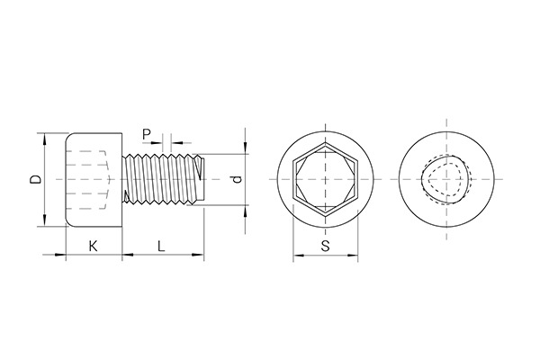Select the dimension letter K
point(93,246)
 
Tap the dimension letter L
point(160,246)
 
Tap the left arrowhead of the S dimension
point(297,257)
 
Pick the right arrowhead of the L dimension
point(203,257)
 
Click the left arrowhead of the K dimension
point(69,257)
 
